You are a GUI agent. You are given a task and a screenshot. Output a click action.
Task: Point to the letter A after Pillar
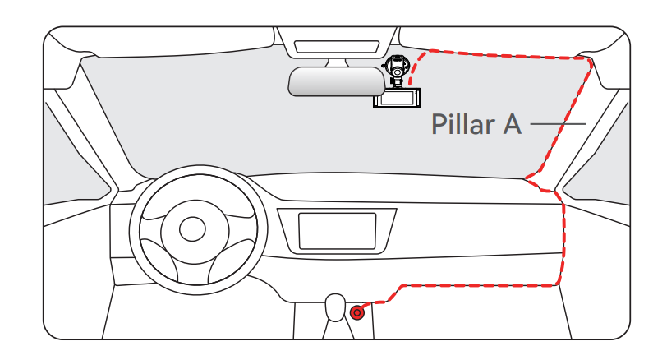[x=512, y=125]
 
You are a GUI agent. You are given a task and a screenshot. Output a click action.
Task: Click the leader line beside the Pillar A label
[x=558, y=125]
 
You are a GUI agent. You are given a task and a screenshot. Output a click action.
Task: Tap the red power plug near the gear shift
[x=357, y=312]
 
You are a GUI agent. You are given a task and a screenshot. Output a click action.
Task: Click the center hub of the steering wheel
[x=192, y=227]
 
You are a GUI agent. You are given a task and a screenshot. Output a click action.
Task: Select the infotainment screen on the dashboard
[x=337, y=231]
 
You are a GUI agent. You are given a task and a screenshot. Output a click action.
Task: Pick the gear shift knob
[x=335, y=306]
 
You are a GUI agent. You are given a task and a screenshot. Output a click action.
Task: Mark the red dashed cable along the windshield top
[x=501, y=54]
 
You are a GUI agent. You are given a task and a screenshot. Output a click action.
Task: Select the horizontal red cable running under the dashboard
[x=476, y=286]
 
